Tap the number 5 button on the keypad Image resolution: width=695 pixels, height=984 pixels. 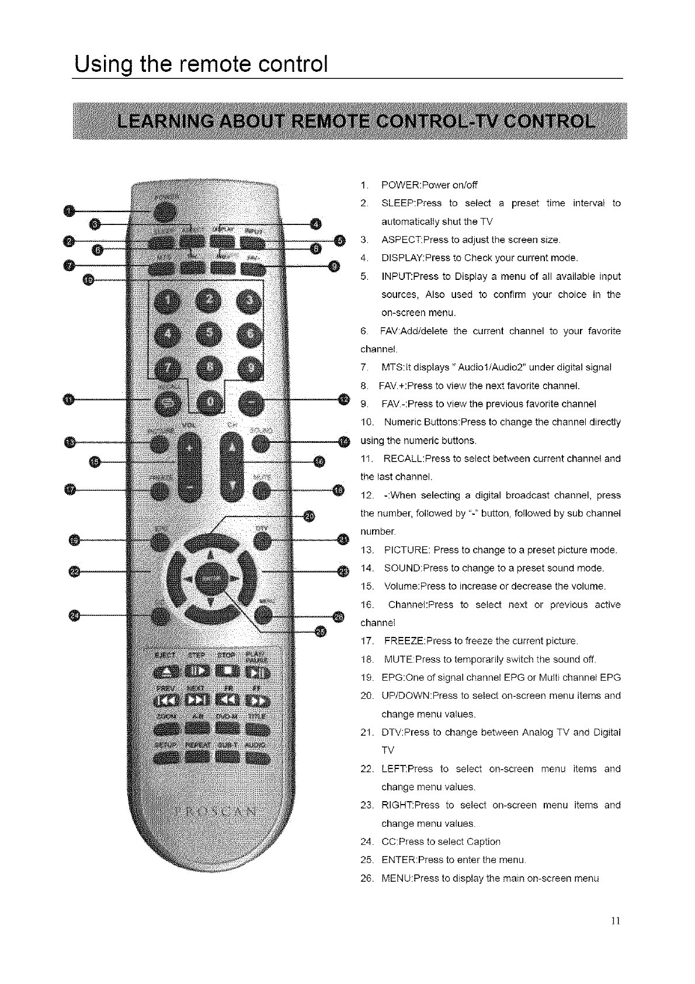click(208, 335)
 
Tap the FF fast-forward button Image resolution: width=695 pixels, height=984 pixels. click(258, 700)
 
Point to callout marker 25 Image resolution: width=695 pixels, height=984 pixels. click(321, 630)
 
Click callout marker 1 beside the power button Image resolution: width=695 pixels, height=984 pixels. click(69, 211)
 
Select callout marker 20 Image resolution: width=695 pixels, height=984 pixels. click(310, 515)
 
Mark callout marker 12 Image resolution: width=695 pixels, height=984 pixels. click(344, 400)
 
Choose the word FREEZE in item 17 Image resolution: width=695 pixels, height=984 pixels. click(404, 641)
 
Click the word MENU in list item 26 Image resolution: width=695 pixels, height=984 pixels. click(396, 878)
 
